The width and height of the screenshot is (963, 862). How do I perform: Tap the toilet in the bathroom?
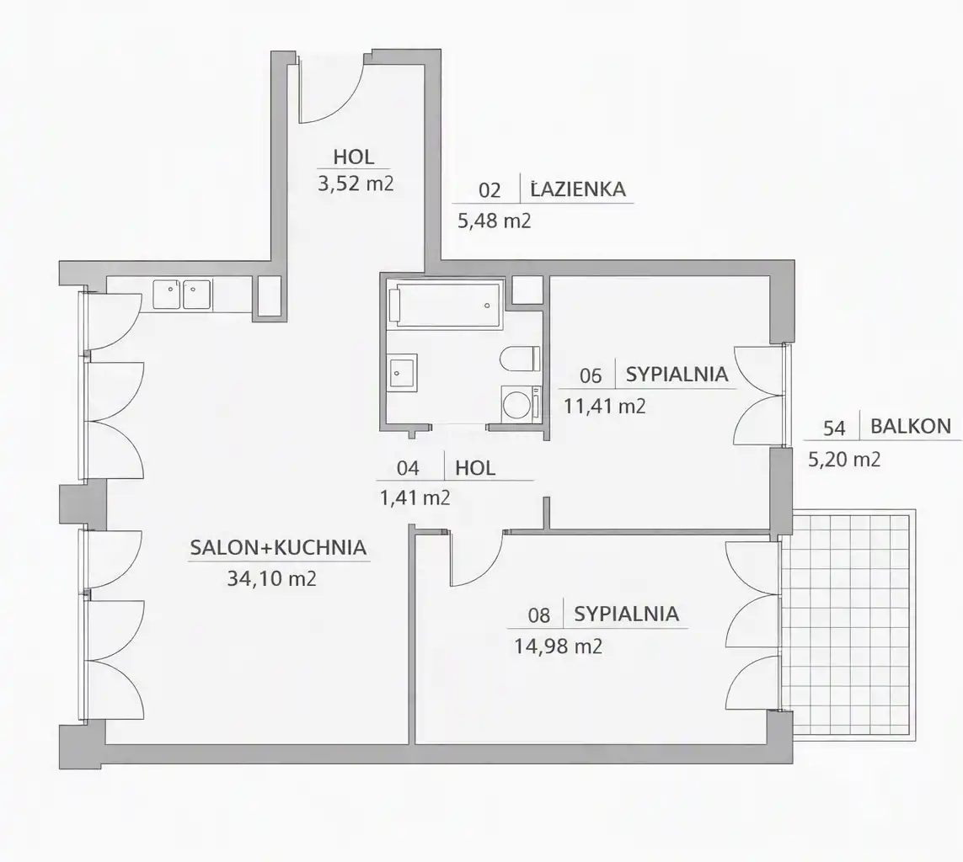click(520, 359)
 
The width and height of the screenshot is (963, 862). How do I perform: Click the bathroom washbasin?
click(402, 372)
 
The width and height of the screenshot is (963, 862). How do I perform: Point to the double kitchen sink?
click(182, 295)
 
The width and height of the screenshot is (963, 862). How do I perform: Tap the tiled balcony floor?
click(848, 622)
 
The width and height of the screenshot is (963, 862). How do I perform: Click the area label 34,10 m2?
click(271, 578)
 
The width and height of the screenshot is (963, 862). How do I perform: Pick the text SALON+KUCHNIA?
click(278, 547)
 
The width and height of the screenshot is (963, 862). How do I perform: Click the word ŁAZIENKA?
click(578, 189)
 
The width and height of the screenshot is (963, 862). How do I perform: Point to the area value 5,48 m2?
click(495, 221)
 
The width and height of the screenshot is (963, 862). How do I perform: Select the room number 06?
click(591, 375)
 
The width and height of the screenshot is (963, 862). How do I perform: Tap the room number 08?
click(538, 615)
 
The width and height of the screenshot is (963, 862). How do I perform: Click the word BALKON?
click(911, 426)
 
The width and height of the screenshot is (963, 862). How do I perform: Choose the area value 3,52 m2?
click(356, 184)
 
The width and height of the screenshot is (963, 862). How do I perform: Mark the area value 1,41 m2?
click(415, 498)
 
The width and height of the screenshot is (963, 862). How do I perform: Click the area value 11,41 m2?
click(605, 406)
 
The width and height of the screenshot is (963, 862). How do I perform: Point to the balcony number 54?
click(834, 428)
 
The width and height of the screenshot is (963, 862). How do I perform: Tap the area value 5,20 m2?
click(844, 459)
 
